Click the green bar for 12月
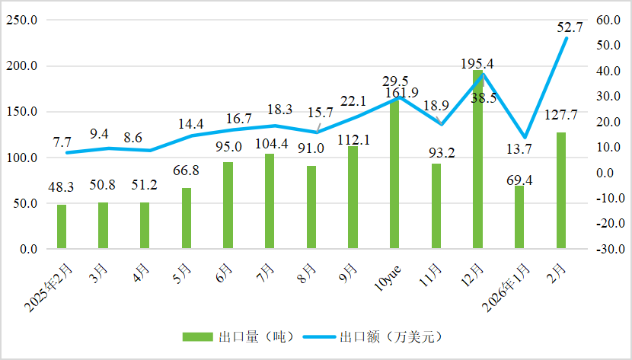click(477, 160)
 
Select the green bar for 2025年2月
click(62, 226)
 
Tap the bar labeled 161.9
click(394, 174)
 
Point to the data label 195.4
click(477, 64)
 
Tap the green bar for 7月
click(270, 202)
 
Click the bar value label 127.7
click(561, 116)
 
